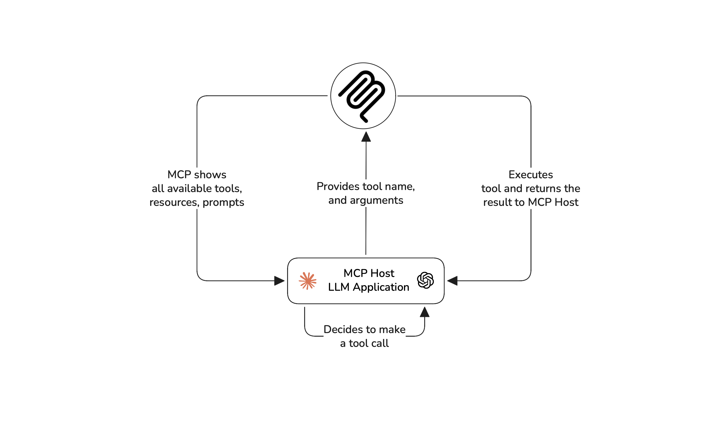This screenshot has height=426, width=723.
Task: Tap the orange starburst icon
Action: click(307, 281)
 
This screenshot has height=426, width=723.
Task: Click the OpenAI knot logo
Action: click(425, 280)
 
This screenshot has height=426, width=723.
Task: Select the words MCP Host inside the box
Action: click(369, 273)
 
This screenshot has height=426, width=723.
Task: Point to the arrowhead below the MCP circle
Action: click(366, 137)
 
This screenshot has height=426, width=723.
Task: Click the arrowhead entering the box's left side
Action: click(279, 281)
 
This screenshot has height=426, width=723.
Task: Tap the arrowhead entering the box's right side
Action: click(452, 281)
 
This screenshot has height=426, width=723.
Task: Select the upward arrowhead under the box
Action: click(424, 312)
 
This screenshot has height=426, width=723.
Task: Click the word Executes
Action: click(531, 175)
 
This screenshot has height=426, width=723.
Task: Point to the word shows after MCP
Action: click(210, 175)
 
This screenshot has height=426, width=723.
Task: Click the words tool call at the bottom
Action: click(369, 343)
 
